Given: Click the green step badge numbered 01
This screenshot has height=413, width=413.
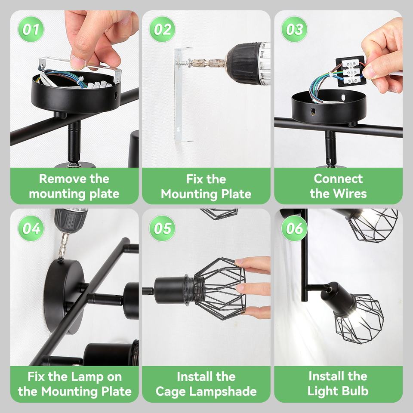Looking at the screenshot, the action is pyautogui.click(x=31, y=29).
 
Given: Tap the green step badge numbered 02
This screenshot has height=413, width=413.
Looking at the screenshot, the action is pyautogui.click(x=162, y=29).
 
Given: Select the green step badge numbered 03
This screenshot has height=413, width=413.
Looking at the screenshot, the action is pyautogui.click(x=294, y=29).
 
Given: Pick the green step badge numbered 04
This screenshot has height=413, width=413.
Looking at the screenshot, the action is pyautogui.click(x=31, y=228).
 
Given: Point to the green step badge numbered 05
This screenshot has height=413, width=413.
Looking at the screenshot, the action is pyautogui.click(x=162, y=228).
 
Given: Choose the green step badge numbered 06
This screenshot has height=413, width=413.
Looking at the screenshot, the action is pyautogui.click(x=294, y=228).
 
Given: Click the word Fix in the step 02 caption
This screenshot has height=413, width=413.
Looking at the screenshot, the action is pyautogui.click(x=194, y=179).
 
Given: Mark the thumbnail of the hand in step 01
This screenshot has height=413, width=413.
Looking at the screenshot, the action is pyautogui.click(x=78, y=63).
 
